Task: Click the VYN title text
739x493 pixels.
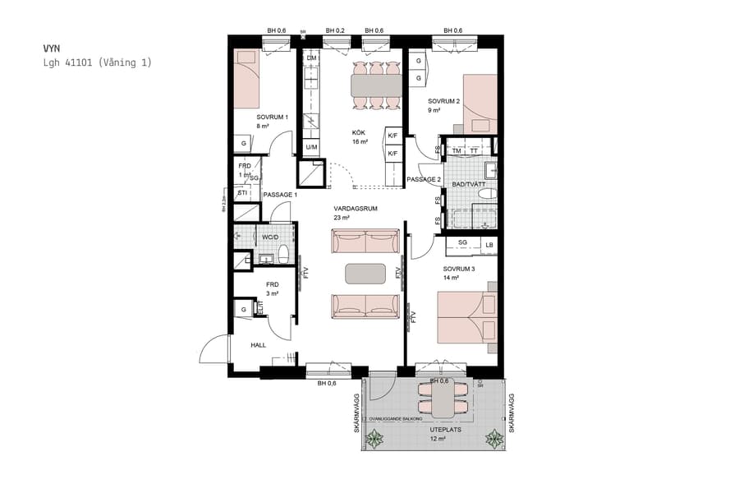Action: coord(51,48)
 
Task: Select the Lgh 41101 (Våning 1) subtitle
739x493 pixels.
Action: coord(97,62)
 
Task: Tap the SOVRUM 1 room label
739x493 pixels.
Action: coord(272,117)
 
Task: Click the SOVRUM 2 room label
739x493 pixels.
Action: coord(443,101)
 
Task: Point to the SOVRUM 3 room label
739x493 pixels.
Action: coord(458,269)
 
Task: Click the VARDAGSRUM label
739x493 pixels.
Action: coord(355,209)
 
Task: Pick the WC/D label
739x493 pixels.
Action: coord(269,237)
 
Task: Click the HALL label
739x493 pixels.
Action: coord(259,345)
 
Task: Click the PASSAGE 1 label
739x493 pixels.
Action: coord(279,194)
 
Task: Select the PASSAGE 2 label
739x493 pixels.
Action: coord(424,179)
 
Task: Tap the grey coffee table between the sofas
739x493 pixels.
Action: coord(365,272)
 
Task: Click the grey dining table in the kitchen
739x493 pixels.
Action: coord(377,85)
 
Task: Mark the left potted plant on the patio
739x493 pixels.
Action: coord(375,440)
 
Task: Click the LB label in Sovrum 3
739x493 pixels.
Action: coord(489,244)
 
